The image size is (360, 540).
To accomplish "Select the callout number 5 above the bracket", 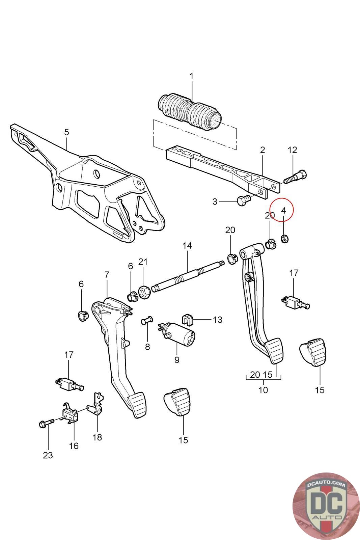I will (x=66, y=132).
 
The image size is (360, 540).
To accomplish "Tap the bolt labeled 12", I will (x=296, y=177).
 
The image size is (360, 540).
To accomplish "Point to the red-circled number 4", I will (x=283, y=210).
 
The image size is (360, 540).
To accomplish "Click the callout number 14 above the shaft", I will (x=187, y=246).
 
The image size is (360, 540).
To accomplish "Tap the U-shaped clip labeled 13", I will (x=187, y=319).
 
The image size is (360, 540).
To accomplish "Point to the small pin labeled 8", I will (x=147, y=320).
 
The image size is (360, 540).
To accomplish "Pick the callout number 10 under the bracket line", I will (x=263, y=390).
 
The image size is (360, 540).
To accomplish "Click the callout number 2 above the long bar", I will (x=262, y=150).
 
